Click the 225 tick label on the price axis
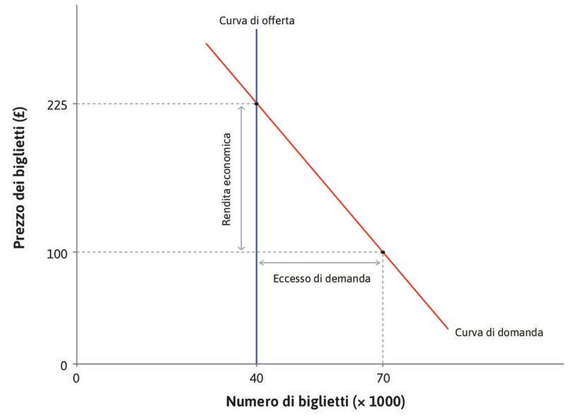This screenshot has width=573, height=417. coord(57,104)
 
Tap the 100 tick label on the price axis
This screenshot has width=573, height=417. coord(57,252)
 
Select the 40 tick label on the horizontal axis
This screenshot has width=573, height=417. coord(256,377)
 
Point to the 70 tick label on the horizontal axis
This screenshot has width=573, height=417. coord(383,377)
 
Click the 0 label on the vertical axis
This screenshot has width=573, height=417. coord(64,365)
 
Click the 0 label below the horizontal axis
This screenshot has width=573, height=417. coord(76,377)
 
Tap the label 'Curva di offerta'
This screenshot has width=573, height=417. coord(256,21)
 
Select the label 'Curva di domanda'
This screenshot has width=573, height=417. coord(499,331)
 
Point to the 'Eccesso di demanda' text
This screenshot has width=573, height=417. coord(321,278)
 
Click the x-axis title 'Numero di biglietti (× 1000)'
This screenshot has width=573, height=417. coord(316,402)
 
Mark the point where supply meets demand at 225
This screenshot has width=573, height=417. coord(256,104)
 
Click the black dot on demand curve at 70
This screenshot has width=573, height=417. coord(383,252)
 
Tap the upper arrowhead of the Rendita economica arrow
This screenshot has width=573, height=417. coord(242,108)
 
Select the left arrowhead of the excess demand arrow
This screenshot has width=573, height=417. coord(261,263)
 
